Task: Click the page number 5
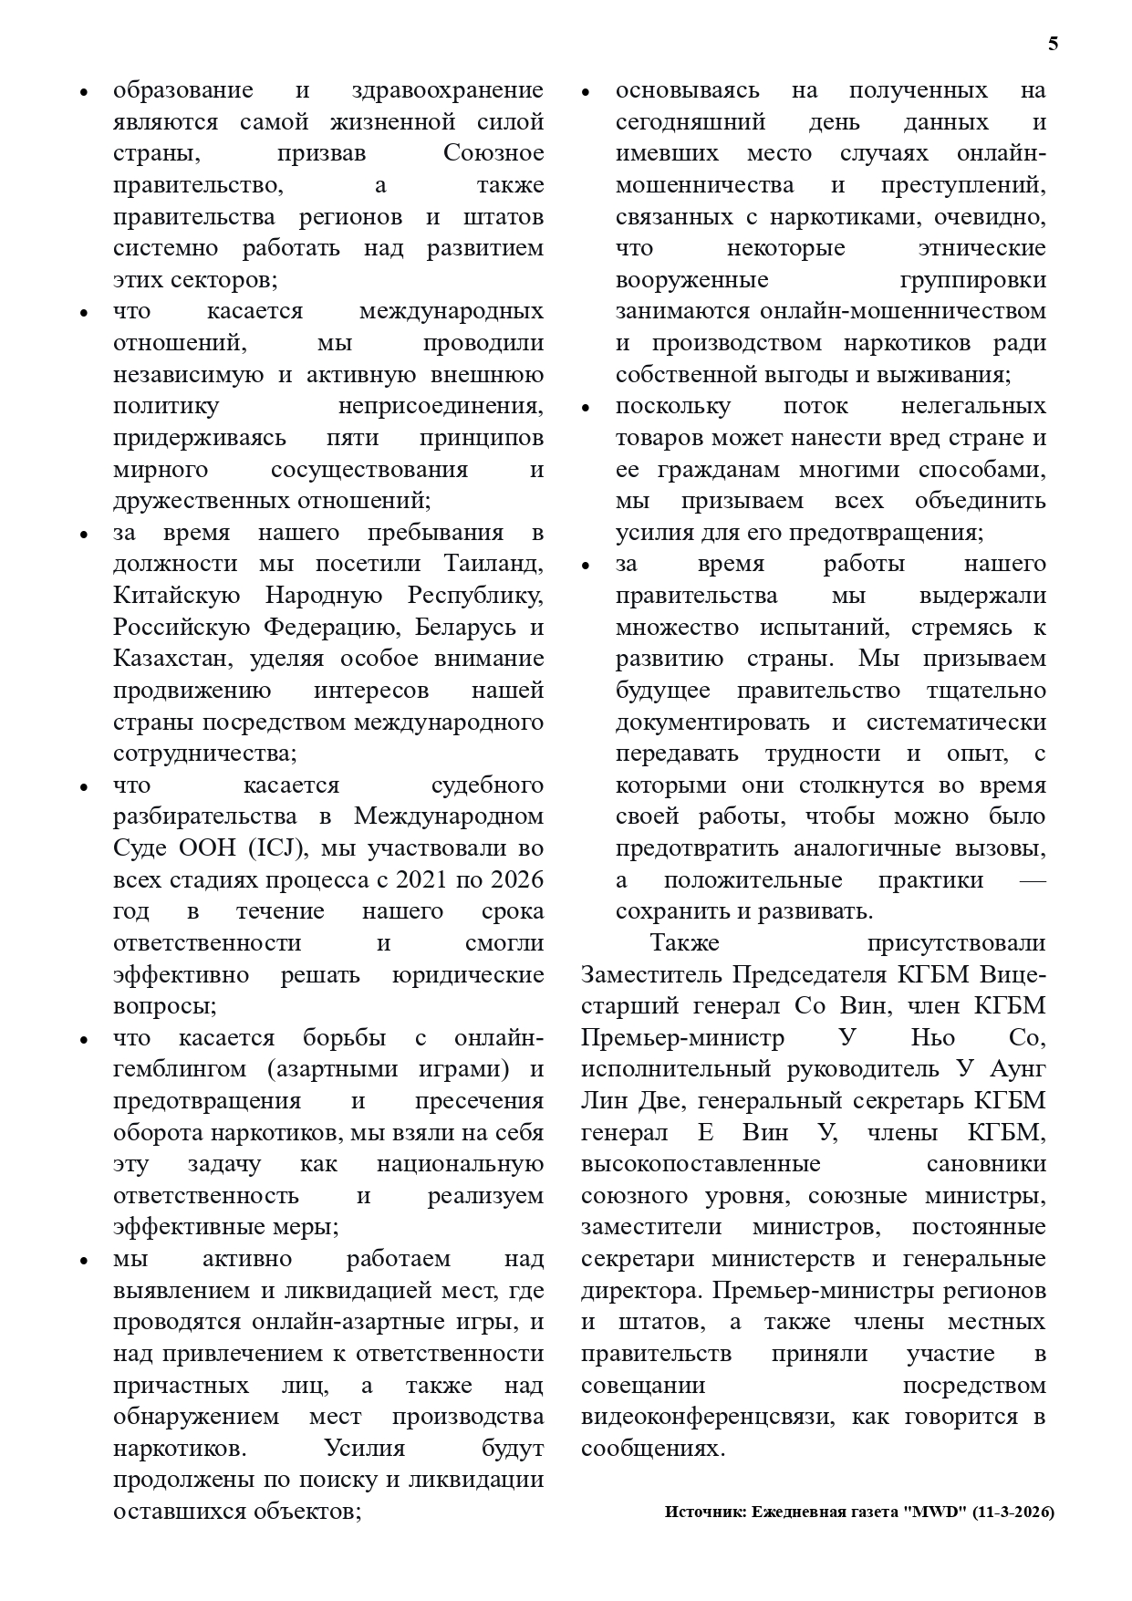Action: click(x=1054, y=44)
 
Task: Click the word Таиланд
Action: click(x=493, y=564)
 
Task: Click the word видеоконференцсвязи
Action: click(x=709, y=1417)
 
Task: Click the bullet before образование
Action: click(x=84, y=92)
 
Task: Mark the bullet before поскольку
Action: click(x=587, y=408)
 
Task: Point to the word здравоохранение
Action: click(x=447, y=90)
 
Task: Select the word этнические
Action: click(x=981, y=248)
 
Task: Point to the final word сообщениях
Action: click(x=652, y=1449)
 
